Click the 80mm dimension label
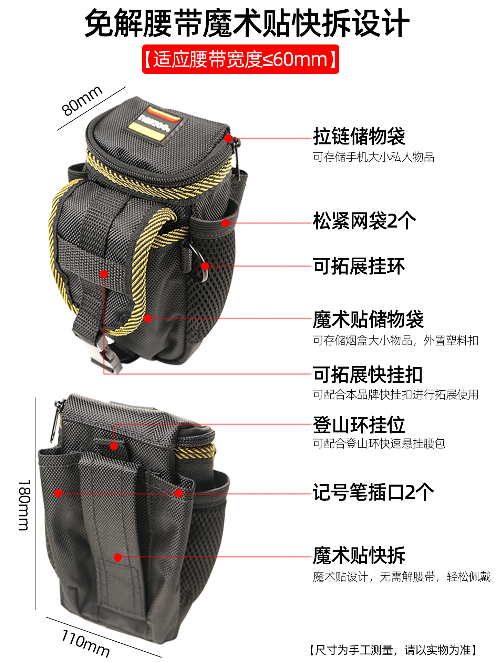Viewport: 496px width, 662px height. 82,100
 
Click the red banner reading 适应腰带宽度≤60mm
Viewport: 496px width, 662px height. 240,59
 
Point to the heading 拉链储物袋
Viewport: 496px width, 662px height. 359,136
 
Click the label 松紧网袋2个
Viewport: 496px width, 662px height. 364,221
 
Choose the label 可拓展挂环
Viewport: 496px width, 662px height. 359,266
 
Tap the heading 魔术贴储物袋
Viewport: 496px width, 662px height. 368,319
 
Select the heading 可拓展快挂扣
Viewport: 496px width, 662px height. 368,375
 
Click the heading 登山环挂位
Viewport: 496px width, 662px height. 359,425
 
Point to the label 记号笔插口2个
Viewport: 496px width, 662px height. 373,492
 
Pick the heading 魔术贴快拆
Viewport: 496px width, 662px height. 359,555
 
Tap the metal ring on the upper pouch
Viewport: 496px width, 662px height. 200,262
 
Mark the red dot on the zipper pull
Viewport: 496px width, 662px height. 228,138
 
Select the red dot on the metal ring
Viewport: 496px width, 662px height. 205,266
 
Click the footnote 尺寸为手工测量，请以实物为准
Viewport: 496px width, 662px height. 393,650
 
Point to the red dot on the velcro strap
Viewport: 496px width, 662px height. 118,557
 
